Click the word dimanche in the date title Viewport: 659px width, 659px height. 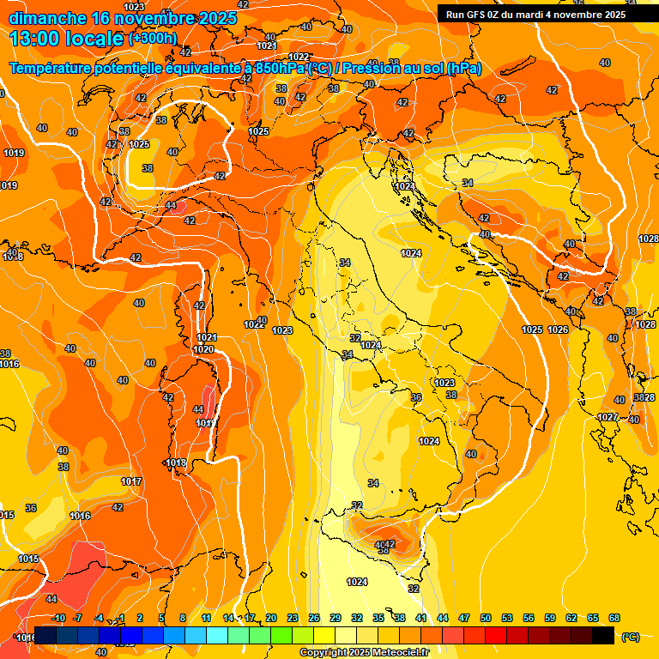click(48, 18)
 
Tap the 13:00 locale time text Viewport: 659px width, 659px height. click(67, 39)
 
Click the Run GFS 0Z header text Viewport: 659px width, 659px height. click(485, 15)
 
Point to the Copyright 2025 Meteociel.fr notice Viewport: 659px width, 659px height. click(364, 653)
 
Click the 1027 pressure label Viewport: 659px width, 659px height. click(608, 417)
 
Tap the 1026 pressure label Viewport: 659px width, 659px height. click(559, 329)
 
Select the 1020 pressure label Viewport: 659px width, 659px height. click(203, 349)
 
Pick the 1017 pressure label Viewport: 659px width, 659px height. click(131, 481)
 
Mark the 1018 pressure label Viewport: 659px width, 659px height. click(176, 463)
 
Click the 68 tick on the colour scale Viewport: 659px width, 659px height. click(614, 618)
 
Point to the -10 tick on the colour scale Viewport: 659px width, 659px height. click(58, 618)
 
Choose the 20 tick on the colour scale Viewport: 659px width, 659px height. click(271, 618)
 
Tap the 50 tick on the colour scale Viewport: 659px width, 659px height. click(486, 618)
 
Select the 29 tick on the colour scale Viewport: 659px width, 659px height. click(336, 618)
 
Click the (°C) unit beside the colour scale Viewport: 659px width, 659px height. click(630, 637)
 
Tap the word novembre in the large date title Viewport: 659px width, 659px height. click(154, 18)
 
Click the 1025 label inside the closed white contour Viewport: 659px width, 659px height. click(139, 144)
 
